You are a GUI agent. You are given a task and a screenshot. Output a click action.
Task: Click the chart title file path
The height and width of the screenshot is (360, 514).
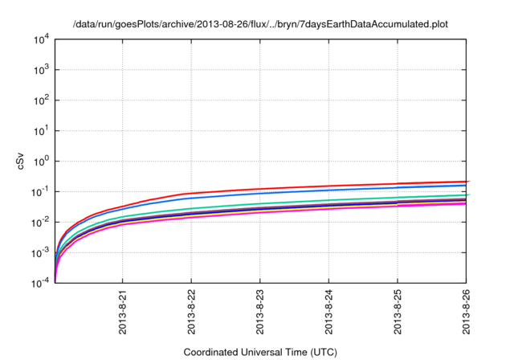(259, 25)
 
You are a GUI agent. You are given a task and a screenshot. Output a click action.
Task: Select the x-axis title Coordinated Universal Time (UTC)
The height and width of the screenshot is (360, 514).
(259, 352)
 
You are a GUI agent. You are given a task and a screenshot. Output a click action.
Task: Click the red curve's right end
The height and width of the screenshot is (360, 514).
(467, 182)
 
